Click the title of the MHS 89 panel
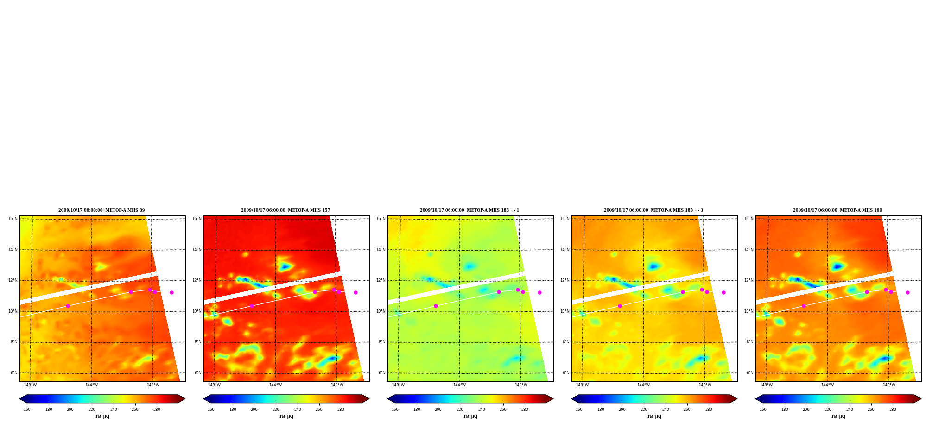click(x=101, y=210)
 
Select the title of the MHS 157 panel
click(x=285, y=210)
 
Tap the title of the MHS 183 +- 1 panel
click(x=469, y=210)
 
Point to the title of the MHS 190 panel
click(x=837, y=210)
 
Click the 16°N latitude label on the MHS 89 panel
click(x=13, y=219)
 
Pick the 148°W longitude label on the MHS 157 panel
click(x=214, y=385)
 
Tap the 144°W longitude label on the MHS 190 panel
click(x=827, y=385)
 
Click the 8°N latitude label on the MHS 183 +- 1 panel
click(x=382, y=342)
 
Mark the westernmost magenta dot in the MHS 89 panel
click(x=68, y=306)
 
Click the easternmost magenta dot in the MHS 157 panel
click(x=355, y=292)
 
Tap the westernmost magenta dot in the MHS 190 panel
click(x=804, y=306)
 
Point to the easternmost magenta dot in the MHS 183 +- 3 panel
click(x=723, y=292)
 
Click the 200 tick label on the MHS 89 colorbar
click(x=70, y=410)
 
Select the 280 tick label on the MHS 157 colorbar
click(x=341, y=410)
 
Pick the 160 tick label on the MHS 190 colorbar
click(x=763, y=410)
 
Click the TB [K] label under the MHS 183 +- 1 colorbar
click(x=470, y=417)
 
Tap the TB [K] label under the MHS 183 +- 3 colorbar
click(x=654, y=417)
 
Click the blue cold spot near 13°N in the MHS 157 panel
click(x=285, y=266)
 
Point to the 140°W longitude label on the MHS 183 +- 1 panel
click(x=521, y=385)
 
